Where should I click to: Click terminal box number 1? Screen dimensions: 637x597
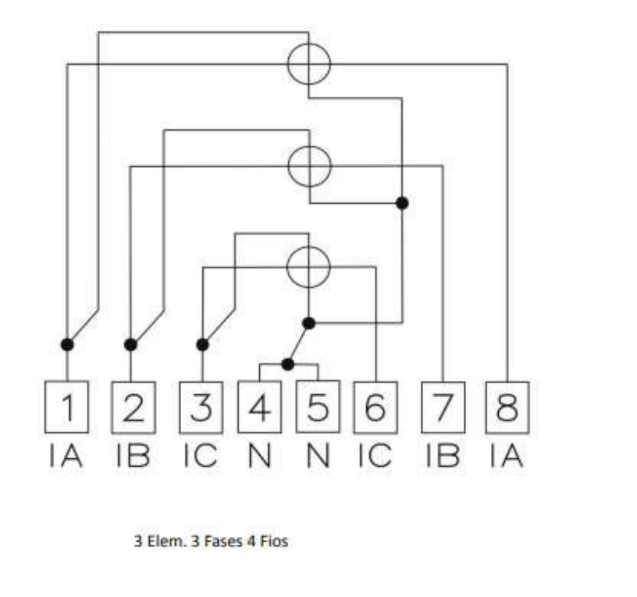(x=66, y=407)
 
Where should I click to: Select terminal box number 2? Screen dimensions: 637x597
(x=133, y=407)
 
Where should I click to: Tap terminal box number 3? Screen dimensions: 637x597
(x=201, y=407)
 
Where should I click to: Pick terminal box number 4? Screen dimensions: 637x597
(x=260, y=407)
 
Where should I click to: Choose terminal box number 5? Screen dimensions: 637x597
(x=318, y=407)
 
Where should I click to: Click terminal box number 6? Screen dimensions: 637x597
(x=375, y=407)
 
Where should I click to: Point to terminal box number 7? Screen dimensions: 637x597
(x=443, y=407)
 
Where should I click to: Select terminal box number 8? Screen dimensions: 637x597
(x=507, y=407)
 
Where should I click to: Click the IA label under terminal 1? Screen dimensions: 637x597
(x=66, y=456)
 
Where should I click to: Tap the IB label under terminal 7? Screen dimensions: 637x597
(x=443, y=456)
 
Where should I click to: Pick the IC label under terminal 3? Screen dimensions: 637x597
(x=201, y=456)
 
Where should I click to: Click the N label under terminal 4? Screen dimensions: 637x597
(x=260, y=456)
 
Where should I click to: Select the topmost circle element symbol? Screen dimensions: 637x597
(x=309, y=44)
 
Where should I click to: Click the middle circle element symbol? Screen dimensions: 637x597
(x=310, y=147)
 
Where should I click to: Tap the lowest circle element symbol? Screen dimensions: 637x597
(x=308, y=247)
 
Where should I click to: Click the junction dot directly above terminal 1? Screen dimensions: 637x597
(x=67, y=345)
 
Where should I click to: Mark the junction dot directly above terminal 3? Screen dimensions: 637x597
(x=202, y=345)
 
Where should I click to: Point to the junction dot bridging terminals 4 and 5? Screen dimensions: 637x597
(x=287, y=364)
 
